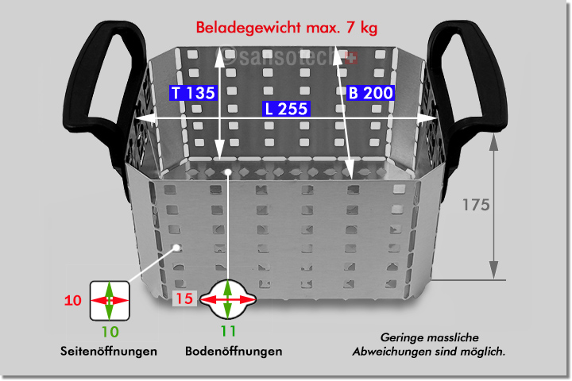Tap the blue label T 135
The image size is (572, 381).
click(x=194, y=93)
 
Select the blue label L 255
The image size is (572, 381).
click(x=287, y=110)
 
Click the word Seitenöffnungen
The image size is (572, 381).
click(x=108, y=351)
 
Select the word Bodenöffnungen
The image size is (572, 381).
click(x=234, y=351)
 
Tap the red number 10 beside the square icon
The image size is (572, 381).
click(x=72, y=301)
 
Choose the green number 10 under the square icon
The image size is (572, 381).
click(x=109, y=330)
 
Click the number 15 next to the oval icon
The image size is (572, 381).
click(x=184, y=300)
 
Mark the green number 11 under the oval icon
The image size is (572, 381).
click(x=228, y=330)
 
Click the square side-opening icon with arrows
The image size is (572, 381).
click(x=109, y=300)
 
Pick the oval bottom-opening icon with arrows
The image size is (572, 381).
click(x=228, y=300)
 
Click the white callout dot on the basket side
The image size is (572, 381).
click(x=178, y=247)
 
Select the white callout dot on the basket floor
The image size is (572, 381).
click(x=228, y=171)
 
